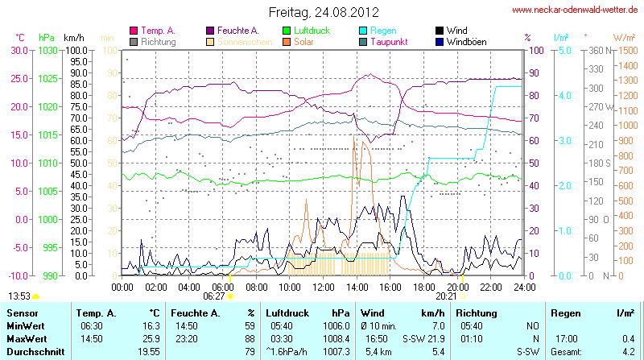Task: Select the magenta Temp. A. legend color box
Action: tap(134, 31)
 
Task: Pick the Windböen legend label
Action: tap(466, 41)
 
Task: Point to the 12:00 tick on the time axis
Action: tap(323, 286)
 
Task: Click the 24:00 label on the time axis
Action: tap(524, 286)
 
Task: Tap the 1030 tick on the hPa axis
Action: tap(47, 50)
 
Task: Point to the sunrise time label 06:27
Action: tap(214, 296)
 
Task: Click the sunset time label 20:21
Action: tap(456, 296)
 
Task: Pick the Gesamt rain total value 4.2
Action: tap(628, 351)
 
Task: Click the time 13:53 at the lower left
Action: tap(19, 296)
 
